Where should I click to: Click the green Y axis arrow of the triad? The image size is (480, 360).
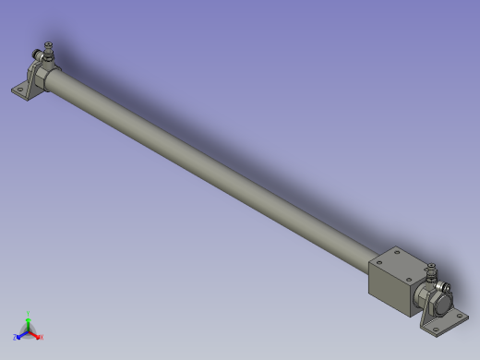tap(28, 321)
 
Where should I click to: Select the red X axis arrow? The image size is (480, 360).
tap(35, 333)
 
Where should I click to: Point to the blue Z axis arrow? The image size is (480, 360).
tap(21, 334)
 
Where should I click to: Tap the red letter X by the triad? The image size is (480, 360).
tap(42, 337)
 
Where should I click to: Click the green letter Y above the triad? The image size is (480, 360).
tap(29, 314)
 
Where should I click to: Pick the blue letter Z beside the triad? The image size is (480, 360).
tap(16, 338)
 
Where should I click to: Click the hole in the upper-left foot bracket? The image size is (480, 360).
tap(20, 90)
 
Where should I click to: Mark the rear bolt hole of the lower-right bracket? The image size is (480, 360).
tap(462, 317)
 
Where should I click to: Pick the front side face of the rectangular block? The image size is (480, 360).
tap(389, 292)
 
